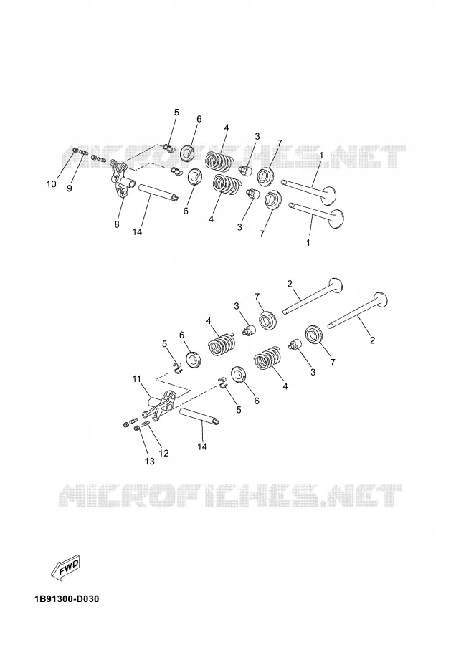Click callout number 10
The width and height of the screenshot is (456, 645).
(51, 184)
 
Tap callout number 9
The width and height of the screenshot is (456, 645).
(69, 188)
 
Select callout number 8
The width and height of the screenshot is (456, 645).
(117, 224)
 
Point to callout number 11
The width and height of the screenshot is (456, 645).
(137, 379)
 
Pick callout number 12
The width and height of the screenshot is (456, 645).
(163, 454)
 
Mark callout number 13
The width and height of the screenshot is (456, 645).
(150, 462)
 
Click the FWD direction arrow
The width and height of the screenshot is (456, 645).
(66, 569)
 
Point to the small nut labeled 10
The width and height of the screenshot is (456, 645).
(75, 150)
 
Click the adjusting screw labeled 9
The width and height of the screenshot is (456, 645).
(84, 153)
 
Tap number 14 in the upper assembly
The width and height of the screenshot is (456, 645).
(137, 232)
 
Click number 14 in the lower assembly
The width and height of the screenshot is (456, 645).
(202, 446)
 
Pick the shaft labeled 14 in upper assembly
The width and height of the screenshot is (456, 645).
(158, 193)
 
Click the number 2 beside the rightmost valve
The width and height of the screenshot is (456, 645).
(372, 340)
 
